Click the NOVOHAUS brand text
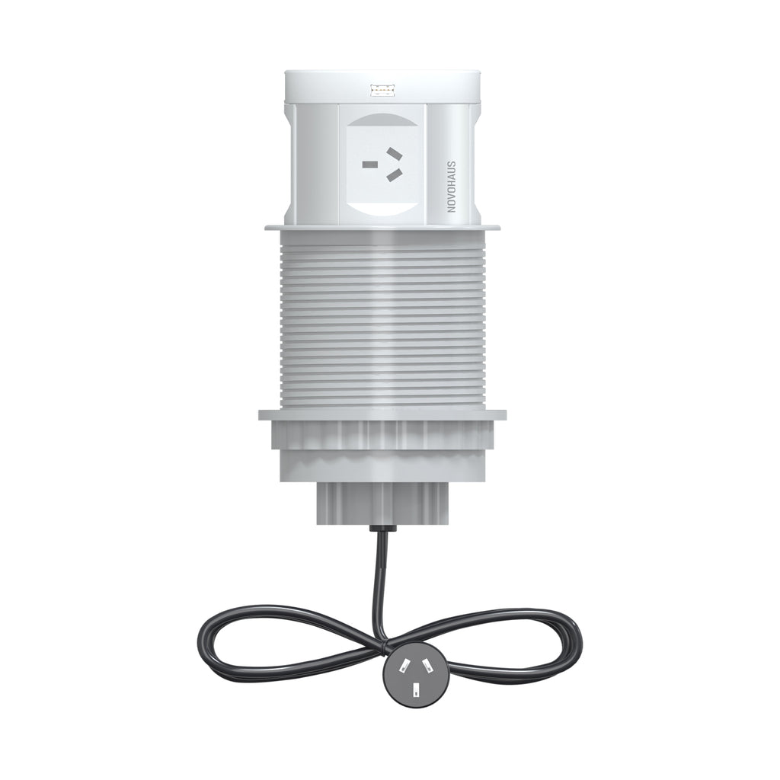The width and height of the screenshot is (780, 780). pyautogui.click(x=451, y=186)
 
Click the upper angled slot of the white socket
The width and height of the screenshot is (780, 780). pyautogui.click(x=395, y=155)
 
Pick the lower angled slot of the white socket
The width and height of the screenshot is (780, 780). pyautogui.click(x=395, y=177)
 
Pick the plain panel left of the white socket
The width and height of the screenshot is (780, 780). pyautogui.click(x=312, y=164)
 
